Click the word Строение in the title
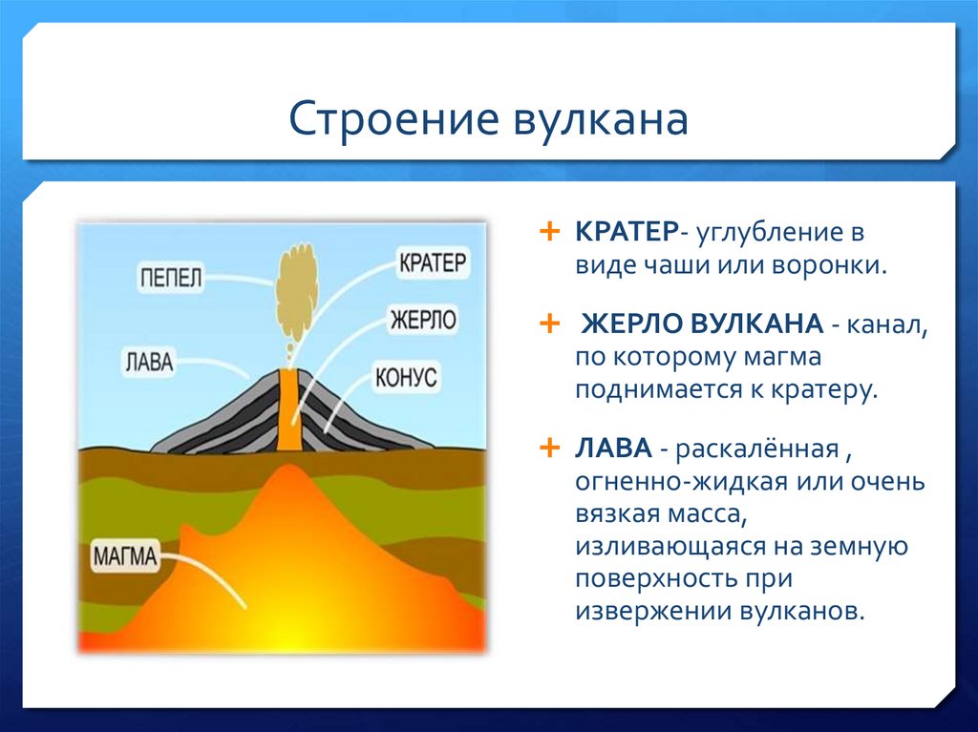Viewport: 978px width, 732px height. tap(393, 118)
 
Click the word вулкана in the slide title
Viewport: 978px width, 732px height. tap(601, 118)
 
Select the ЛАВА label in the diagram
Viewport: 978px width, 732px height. tap(149, 362)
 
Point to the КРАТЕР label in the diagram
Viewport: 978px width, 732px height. tap(433, 262)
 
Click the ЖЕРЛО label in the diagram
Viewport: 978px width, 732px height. tap(423, 320)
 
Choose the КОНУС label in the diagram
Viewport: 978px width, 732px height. tap(406, 377)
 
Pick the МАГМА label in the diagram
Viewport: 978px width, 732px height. tap(125, 555)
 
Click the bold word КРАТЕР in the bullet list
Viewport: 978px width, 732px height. tap(627, 232)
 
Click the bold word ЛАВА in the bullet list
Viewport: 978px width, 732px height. tap(613, 449)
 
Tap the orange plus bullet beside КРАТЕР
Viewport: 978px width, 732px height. tap(549, 232)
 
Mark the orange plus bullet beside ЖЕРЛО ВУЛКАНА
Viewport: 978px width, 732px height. tap(549, 324)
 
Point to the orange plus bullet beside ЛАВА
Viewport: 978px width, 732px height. tap(549, 448)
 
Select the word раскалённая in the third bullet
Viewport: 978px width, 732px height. tap(757, 449)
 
